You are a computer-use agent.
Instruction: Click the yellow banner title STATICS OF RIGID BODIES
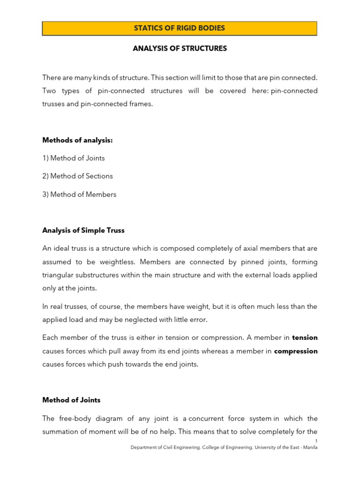[180, 28]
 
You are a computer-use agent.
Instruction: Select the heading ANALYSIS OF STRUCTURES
[180, 49]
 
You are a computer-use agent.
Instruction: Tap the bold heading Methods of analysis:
[77, 140]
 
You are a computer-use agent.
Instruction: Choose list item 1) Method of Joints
[74, 158]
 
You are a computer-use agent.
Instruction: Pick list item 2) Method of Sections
[77, 176]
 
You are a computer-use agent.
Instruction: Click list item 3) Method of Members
[79, 195]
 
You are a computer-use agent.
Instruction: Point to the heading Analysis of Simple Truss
[83, 231]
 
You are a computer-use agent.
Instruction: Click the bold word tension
[305, 337]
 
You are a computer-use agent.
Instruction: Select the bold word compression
[296, 351]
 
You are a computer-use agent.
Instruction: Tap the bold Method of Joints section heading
[71, 400]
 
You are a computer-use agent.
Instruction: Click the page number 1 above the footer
[316, 442]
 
